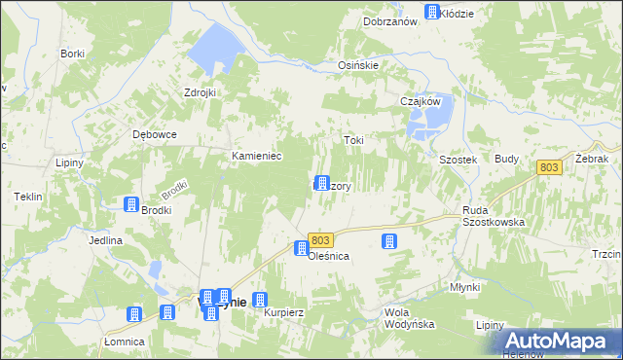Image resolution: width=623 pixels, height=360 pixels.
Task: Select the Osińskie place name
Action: pos(357,65)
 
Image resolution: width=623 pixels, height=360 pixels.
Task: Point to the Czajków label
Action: pos(421,101)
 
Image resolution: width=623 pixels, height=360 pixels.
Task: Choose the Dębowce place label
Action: pos(154,135)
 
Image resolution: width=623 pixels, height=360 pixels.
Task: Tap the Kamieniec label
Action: pos(256,156)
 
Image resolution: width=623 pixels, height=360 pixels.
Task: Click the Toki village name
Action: pos(353,140)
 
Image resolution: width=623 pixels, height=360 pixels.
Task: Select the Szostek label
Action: pos(457,160)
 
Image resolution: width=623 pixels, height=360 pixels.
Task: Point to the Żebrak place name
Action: pos(591,158)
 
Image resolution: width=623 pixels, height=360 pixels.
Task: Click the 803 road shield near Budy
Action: pos(550,168)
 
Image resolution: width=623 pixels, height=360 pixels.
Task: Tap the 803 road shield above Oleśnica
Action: pos(323,239)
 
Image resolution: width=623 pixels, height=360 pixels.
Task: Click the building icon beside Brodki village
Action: pos(131,203)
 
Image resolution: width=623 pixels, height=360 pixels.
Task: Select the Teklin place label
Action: pos(28,197)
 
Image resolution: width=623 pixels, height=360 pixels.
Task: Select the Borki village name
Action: pos(72,54)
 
